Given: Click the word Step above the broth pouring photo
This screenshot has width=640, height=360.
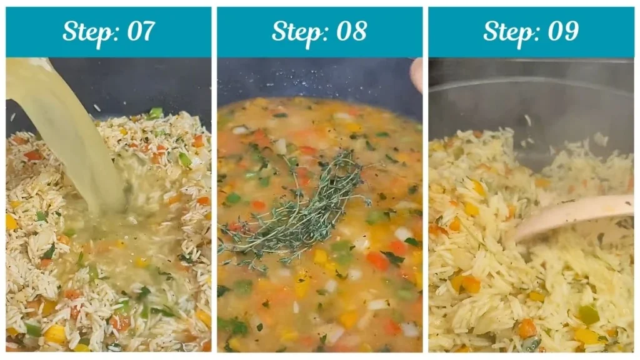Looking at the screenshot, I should click(x=86, y=31).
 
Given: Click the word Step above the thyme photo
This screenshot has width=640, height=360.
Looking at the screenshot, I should click(x=296, y=31).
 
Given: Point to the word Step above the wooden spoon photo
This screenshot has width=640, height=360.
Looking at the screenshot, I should click(x=508, y=31).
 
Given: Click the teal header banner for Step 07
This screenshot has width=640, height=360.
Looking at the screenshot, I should click(x=37, y=31).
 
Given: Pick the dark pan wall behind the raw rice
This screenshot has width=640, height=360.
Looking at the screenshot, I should click(x=156, y=81).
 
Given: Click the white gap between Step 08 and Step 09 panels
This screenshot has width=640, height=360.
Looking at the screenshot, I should click(x=425, y=187).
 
